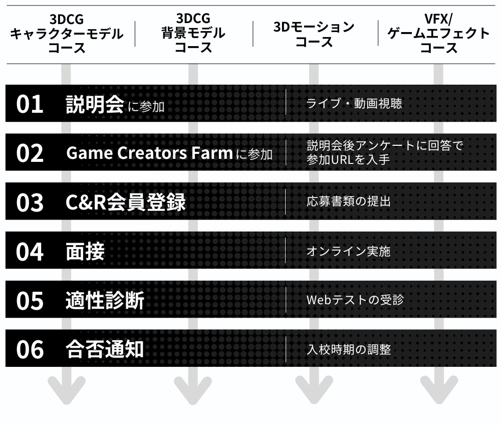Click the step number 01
(30, 104)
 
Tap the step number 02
(30, 153)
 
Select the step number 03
(30, 202)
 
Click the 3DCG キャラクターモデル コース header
(67, 34)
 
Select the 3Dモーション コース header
(314, 34)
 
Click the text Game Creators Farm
(149, 153)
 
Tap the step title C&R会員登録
(126, 202)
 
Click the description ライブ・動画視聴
(354, 104)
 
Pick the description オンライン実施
(348, 251)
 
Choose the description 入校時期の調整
(348, 349)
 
